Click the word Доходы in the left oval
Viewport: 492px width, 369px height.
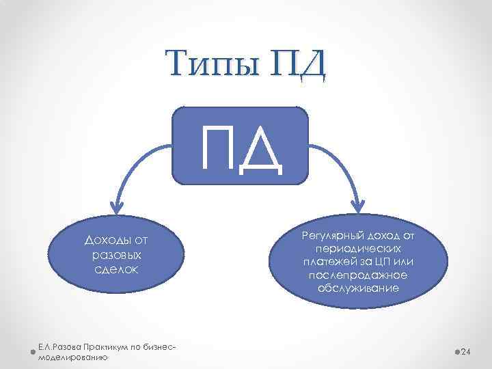[x=103, y=240]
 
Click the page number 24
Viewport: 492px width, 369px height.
[x=467, y=351]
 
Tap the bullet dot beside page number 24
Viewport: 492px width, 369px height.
[x=456, y=351]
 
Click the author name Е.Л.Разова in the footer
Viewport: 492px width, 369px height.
[x=62, y=348]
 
